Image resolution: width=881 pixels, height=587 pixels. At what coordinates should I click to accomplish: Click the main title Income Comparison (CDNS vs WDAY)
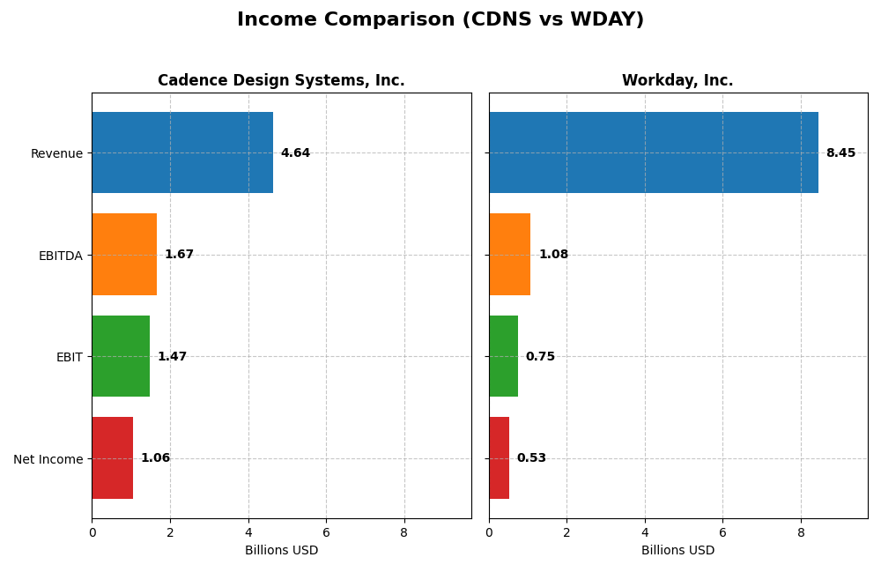tap(440, 20)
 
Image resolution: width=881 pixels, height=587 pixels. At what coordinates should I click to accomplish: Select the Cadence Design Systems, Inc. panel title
tap(281, 81)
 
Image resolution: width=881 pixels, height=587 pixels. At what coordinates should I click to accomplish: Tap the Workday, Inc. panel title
tap(677, 81)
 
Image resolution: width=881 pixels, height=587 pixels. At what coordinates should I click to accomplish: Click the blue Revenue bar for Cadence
tap(182, 152)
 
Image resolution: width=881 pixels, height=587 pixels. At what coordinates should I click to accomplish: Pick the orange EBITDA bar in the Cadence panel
tap(124, 255)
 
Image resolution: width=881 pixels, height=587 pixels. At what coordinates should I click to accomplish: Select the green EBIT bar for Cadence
tap(121, 356)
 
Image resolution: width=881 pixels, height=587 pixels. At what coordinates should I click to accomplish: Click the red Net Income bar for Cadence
tap(113, 458)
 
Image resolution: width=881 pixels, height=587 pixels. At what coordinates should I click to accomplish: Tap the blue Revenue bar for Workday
tap(654, 152)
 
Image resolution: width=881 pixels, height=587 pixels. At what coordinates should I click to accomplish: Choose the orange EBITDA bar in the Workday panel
tap(510, 255)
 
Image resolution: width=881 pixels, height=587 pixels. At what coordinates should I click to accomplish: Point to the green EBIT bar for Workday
tap(503, 356)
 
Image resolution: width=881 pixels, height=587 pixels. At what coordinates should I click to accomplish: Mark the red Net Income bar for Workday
tap(499, 458)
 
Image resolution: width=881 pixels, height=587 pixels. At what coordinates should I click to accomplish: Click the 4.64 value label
tap(295, 153)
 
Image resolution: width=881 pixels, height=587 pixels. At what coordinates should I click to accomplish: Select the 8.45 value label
tap(840, 153)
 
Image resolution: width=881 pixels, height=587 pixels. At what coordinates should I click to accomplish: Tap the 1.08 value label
tap(553, 255)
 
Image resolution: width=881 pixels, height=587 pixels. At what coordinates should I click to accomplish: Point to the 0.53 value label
tap(531, 458)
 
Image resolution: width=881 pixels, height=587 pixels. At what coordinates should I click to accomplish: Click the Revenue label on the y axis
tap(56, 153)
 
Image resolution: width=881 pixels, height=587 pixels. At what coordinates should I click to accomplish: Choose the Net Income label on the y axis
tap(48, 459)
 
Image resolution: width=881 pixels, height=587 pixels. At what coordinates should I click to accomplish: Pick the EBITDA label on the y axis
tap(60, 256)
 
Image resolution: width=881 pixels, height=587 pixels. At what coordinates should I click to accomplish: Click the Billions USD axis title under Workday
tap(677, 551)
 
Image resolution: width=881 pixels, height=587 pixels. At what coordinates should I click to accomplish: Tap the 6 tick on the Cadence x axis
tap(326, 532)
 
